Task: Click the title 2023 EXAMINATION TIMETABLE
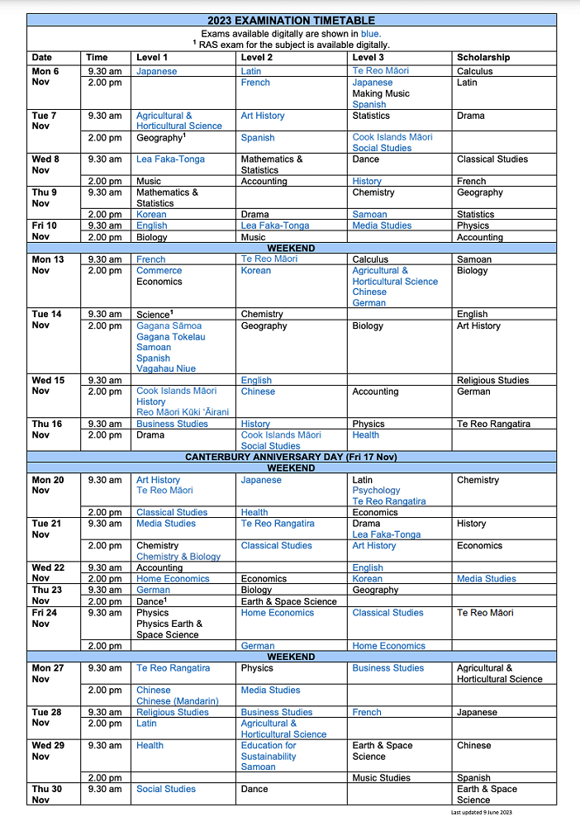[290, 21]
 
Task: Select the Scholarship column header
[483, 58]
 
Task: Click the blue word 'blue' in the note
[370, 33]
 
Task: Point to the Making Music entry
[381, 94]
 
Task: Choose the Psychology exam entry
[376, 491]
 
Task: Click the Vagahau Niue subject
[166, 369]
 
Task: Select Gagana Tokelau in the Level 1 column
[171, 337]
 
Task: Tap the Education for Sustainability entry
[269, 751]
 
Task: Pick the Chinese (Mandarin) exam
[178, 701]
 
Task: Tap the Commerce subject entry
[159, 271]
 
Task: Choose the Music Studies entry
[381, 778]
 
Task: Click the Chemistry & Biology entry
[178, 557]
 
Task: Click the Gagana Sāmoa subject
[169, 326]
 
